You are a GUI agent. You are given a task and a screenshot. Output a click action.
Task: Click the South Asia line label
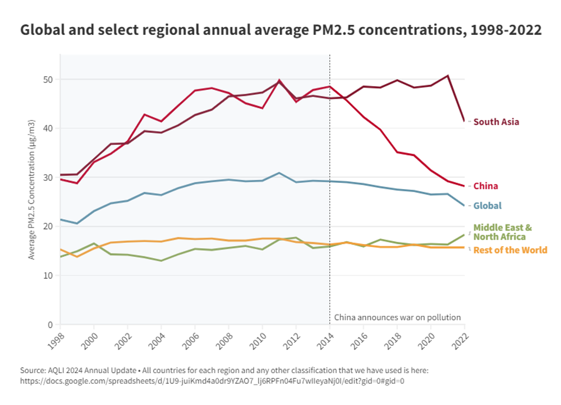point(496,122)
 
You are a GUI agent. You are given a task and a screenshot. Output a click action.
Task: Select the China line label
point(485,186)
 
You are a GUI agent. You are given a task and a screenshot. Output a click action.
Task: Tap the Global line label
point(487,206)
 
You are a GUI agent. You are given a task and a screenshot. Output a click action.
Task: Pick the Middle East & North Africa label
point(502,232)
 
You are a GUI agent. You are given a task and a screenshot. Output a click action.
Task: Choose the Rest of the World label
point(510,250)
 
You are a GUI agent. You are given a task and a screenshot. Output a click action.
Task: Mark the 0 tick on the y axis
point(49,325)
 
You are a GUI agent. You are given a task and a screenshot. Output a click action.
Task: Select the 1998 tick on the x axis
point(56,338)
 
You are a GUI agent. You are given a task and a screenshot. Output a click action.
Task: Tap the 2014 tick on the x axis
point(325,338)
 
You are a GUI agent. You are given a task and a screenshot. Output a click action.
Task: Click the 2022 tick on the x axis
point(460,338)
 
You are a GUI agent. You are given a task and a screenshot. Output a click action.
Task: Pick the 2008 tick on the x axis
point(224,338)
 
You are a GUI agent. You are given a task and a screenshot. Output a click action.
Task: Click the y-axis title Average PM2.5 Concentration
point(33,189)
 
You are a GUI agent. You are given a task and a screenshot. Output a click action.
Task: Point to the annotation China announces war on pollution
point(397,317)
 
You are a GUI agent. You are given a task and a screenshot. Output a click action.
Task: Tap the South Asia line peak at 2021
point(448,76)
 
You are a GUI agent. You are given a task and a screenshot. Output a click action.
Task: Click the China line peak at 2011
point(279,81)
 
